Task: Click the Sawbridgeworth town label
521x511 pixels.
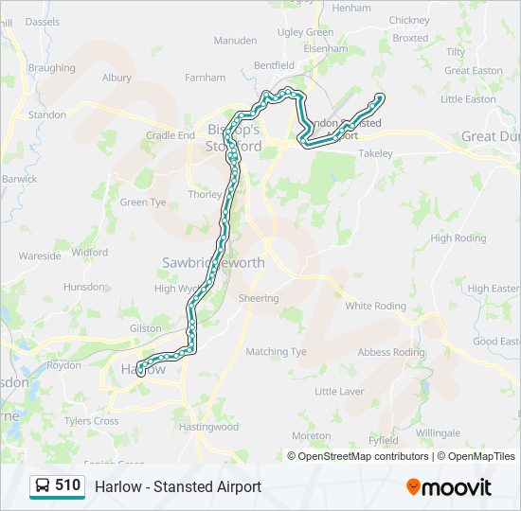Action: pyautogui.click(x=213, y=262)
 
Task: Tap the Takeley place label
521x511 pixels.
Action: pyautogui.click(x=375, y=153)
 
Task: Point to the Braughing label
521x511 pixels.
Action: pyautogui.click(x=52, y=68)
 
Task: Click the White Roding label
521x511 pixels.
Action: pyautogui.click(x=375, y=306)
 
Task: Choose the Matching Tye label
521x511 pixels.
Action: pyautogui.click(x=277, y=351)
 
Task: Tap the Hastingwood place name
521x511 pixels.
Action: pyautogui.click(x=208, y=427)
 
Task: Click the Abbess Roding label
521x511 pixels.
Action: pyautogui.click(x=391, y=352)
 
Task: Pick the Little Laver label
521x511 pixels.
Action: pyautogui.click(x=339, y=391)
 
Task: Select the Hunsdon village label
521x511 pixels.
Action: pyautogui.click(x=84, y=286)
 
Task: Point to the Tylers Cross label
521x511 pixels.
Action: pyautogui.click(x=91, y=421)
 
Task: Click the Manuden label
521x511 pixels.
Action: pyautogui.click(x=235, y=41)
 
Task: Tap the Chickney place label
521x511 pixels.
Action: pyautogui.click(x=408, y=20)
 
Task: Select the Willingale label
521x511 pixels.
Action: pyautogui.click(x=437, y=432)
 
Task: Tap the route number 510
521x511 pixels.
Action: pyautogui.click(x=68, y=485)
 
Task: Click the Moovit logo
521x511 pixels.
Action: pyautogui.click(x=449, y=487)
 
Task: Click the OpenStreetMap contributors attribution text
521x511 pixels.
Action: pyautogui.click(x=363, y=456)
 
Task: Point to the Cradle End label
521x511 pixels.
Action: pyautogui.click(x=171, y=135)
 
